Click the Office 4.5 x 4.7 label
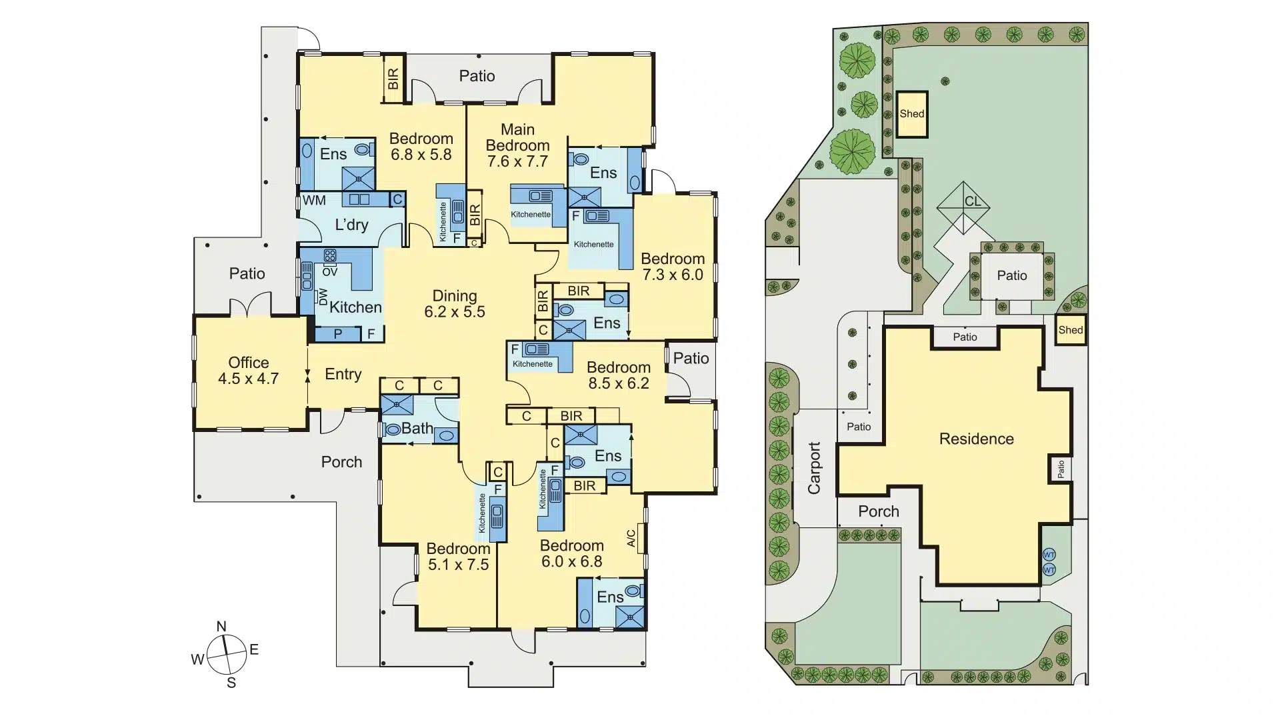point(249,371)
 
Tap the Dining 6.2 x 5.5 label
point(455,304)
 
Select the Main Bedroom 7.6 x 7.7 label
point(518,145)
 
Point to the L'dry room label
point(351,225)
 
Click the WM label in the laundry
point(314,200)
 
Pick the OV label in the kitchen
point(330,271)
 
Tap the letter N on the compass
point(221,627)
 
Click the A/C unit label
point(631,539)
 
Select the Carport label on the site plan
point(814,468)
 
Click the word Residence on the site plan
point(977,439)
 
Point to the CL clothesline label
point(973,201)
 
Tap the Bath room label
point(417,429)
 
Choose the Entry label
point(343,375)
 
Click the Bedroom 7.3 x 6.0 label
point(673,267)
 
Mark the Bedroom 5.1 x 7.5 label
point(458,557)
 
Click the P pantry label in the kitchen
point(338,333)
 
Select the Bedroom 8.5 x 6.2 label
point(619,375)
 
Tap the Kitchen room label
point(355,307)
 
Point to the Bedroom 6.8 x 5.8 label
point(421,147)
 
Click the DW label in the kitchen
point(323,297)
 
